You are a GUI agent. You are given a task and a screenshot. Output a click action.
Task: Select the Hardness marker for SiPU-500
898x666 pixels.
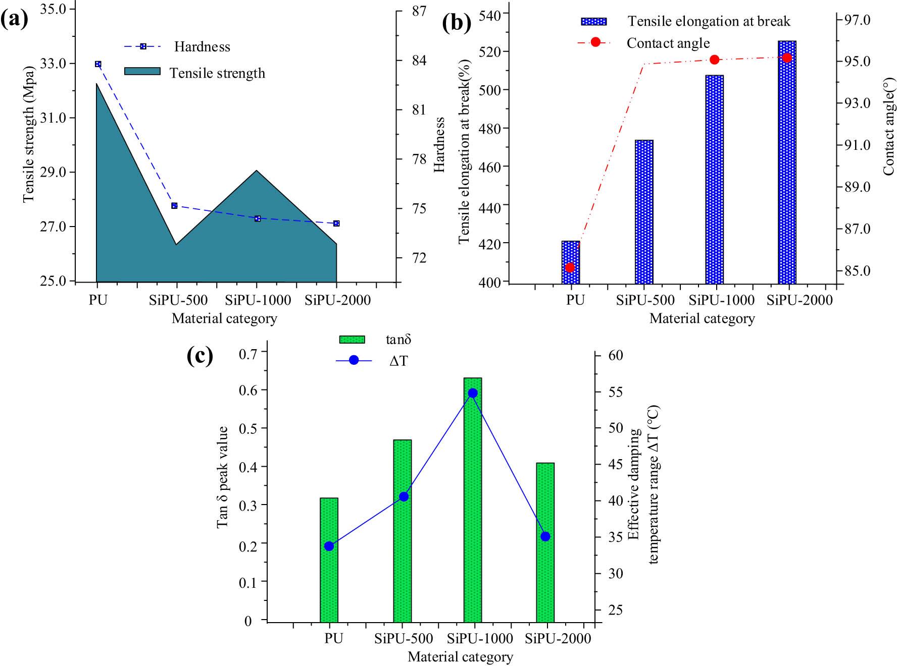coord(174,205)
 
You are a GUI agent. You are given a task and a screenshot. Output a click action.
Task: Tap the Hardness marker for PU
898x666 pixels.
coord(98,64)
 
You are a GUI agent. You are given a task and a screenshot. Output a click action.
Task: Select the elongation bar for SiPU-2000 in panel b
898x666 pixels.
coord(787,161)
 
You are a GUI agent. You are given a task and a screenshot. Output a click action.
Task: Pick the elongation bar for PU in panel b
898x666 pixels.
coord(571,262)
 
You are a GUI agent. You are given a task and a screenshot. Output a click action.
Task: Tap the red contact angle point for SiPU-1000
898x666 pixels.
coord(714,60)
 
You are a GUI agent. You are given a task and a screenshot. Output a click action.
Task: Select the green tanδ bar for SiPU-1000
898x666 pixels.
coord(473,499)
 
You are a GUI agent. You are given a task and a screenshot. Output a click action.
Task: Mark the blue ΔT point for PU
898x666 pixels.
coord(329,546)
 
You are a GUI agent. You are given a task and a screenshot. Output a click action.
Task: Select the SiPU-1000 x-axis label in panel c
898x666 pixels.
coord(480,638)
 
